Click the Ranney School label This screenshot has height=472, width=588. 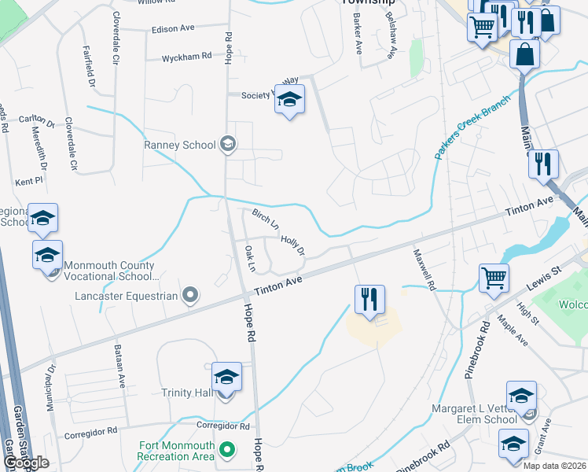[179, 145]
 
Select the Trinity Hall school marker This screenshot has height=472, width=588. [226, 378]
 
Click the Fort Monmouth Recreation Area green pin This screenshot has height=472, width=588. [227, 450]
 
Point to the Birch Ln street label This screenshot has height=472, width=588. [266, 219]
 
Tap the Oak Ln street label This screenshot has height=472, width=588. [251, 258]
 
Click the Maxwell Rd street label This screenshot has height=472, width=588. [424, 270]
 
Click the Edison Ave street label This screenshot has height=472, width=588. [173, 28]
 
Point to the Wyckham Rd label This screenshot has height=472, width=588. [187, 57]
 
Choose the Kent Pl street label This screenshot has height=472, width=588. [28, 182]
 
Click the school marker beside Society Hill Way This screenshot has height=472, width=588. [290, 101]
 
